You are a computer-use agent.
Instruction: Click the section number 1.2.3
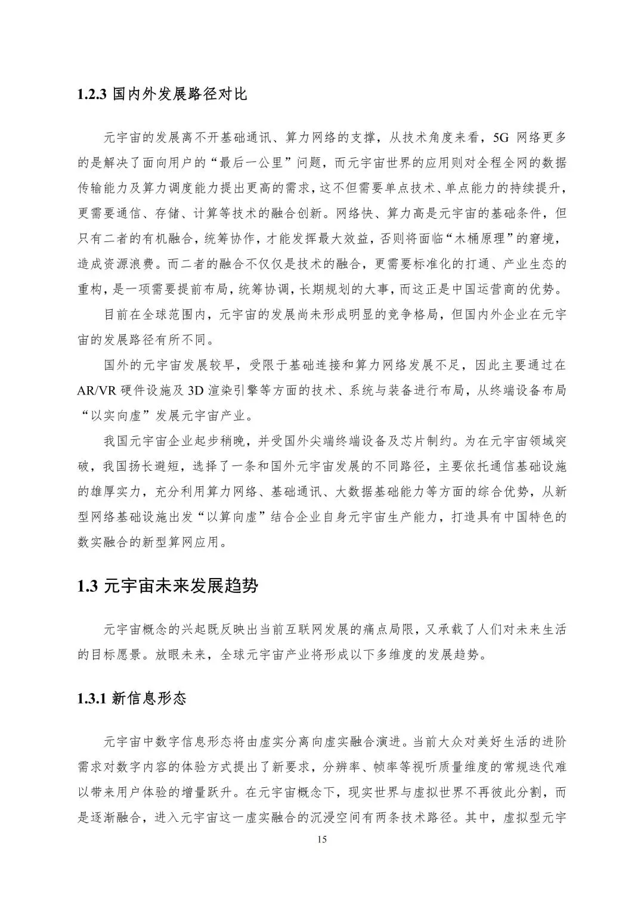(x=92, y=95)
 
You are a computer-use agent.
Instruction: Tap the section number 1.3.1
(x=92, y=698)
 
